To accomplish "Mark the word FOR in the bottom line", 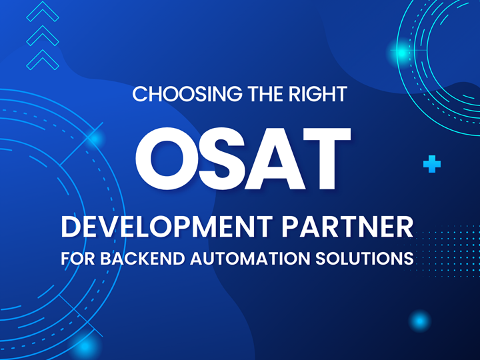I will pos(77,258).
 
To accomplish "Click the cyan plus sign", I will pos(432,164).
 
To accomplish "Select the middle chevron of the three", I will pos(42,35).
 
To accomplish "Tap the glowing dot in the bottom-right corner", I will pos(419,321).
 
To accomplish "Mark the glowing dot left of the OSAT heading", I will pos(94,139).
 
